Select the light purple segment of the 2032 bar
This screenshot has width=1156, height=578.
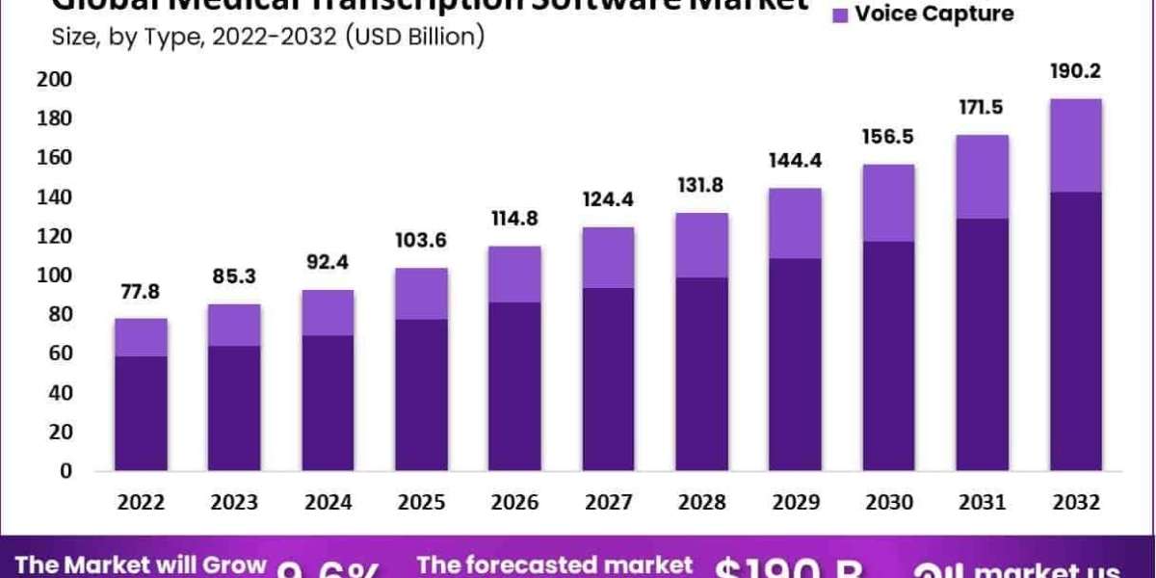coord(1076,145)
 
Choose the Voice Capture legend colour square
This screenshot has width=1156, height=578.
coord(837,14)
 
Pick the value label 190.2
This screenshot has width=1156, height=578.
coord(1076,71)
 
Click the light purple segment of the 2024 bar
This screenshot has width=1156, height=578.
coord(328,312)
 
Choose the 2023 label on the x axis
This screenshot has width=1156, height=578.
coord(234,503)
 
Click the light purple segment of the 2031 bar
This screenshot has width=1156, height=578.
coord(983,176)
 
